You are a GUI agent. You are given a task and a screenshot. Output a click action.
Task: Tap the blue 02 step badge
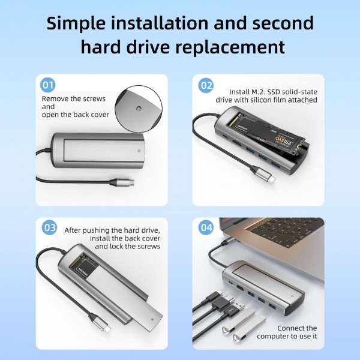click(206, 85)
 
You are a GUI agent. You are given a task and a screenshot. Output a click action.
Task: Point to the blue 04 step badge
click(206, 228)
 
